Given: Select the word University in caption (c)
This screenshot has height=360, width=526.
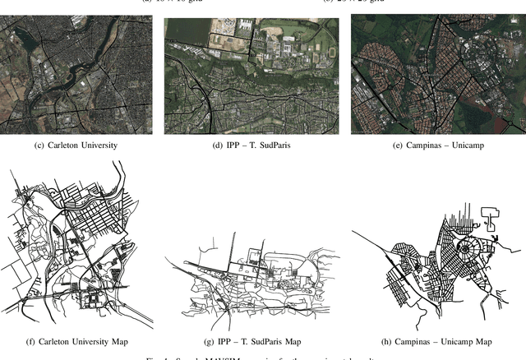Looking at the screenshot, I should point(100,145).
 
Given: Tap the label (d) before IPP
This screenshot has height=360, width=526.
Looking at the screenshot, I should point(216,145).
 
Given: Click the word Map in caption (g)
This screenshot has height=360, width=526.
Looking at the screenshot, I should point(293,341).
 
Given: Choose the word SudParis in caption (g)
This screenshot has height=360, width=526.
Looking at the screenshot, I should point(262,341).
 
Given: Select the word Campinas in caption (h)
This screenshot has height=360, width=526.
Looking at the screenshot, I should point(408,341).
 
